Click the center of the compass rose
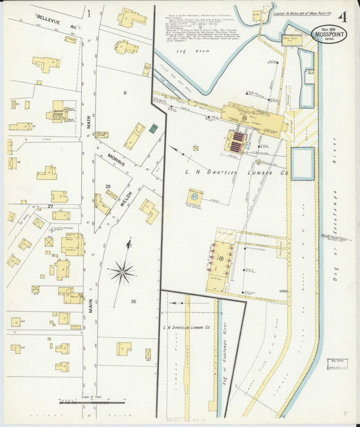(122, 273)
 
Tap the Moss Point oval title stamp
(329, 34)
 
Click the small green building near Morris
(153, 128)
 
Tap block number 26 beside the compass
(133, 301)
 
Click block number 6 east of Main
(125, 91)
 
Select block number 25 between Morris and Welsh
(107, 186)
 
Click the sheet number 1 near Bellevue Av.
(88, 13)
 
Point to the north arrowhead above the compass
(128, 243)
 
